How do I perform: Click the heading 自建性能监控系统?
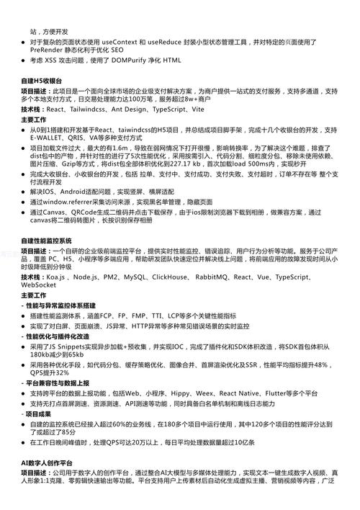47,240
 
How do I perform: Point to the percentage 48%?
320,364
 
